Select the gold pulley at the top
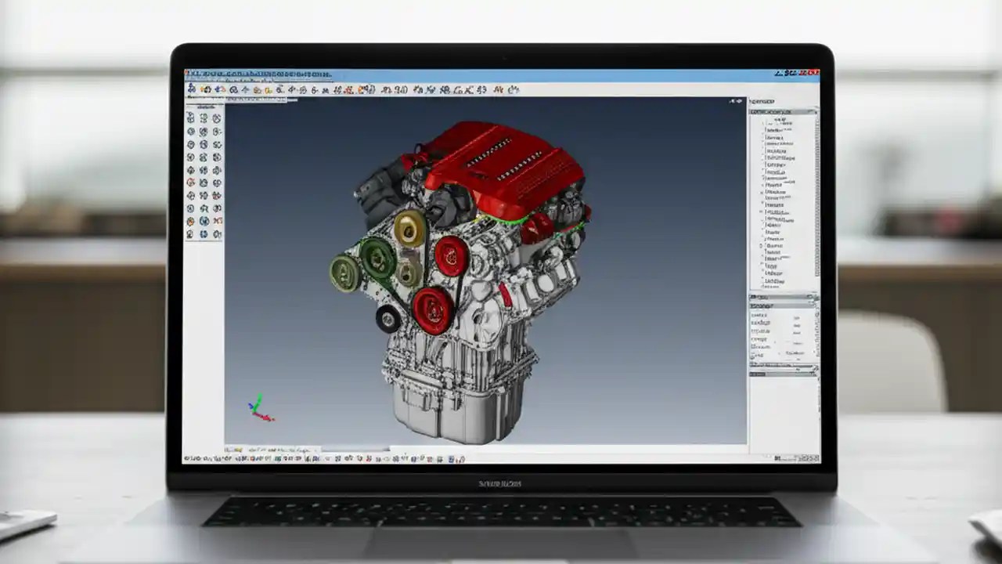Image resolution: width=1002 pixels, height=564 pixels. pos(409,229)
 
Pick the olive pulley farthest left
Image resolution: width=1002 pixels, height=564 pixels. pos(344,273)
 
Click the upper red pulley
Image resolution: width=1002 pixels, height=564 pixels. pos(452,255)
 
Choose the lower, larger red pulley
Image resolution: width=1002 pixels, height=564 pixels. pos(432,309)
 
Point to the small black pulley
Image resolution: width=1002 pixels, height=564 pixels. pos(388,318)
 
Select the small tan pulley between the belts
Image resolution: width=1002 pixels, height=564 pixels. pos(407,273)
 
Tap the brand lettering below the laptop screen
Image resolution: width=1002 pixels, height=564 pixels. pos(501,483)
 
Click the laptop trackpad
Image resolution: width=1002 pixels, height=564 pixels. pos(501,544)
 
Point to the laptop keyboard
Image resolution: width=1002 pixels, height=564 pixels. pos(501,512)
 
